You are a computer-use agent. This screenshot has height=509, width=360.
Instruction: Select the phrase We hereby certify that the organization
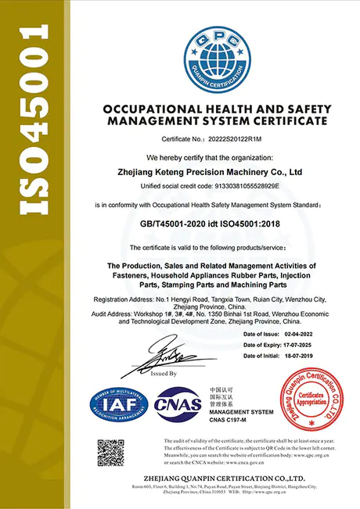tap(214, 156)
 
